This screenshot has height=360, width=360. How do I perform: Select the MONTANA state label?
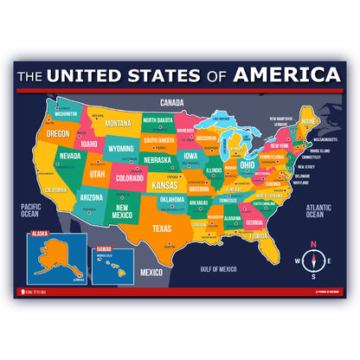coord(119,124)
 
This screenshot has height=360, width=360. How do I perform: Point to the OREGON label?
coord(58,134)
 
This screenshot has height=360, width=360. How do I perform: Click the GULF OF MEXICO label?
coord(217,269)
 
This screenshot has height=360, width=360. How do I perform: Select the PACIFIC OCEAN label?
coord(32,209)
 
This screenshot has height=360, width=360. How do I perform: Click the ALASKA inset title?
coord(39,234)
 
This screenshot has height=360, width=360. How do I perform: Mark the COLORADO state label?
coord(128,181)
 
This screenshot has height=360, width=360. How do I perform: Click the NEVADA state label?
coord(71,156)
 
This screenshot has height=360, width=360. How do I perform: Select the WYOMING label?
coord(121,148)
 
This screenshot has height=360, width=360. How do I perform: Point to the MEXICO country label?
coord(151,273)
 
